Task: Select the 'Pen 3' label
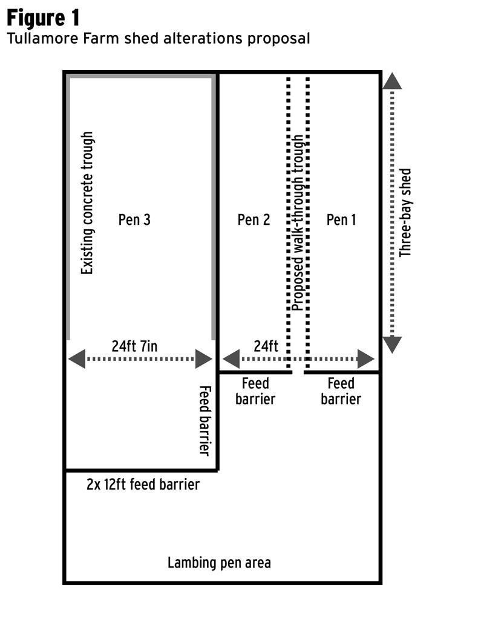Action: [x=134, y=219]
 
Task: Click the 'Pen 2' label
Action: [x=254, y=219]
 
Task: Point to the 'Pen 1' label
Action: [x=341, y=219]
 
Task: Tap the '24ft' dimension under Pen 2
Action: [x=266, y=346]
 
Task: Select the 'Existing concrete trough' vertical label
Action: [x=88, y=204]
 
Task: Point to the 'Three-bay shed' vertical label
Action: [x=405, y=213]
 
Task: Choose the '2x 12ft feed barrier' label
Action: [x=143, y=484]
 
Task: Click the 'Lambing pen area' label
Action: [x=219, y=563]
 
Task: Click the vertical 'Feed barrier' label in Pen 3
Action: [x=205, y=420]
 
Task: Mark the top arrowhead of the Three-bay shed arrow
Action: [x=392, y=81]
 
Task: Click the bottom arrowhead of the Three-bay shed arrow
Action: [x=392, y=345]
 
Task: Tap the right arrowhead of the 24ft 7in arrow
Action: [x=204, y=359]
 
